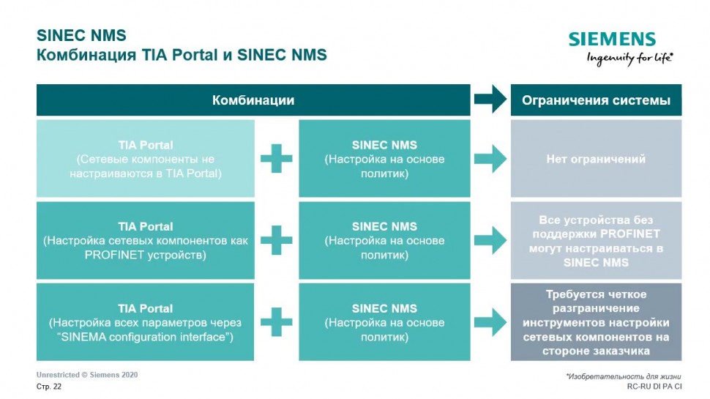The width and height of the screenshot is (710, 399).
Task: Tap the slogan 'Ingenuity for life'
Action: (x=629, y=59)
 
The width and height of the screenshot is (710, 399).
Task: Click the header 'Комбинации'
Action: (x=253, y=100)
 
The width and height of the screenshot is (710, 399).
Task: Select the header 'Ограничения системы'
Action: (x=596, y=100)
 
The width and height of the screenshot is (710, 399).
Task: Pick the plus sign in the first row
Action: (x=277, y=159)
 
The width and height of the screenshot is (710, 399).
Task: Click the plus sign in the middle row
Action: (x=277, y=240)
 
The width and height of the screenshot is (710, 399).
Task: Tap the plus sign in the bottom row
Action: (x=277, y=322)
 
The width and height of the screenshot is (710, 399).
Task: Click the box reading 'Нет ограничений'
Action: (x=596, y=159)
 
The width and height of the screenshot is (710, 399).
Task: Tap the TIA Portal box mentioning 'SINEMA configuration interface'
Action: (x=146, y=322)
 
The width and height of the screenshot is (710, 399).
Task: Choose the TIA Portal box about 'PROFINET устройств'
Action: (x=146, y=240)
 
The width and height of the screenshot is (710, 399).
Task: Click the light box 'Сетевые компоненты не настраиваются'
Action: (x=146, y=159)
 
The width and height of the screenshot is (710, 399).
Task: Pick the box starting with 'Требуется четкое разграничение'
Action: (x=596, y=322)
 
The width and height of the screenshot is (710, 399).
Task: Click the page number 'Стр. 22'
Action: (x=49, y=386)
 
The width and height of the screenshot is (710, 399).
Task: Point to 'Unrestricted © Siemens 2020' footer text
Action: (x=87, y=375)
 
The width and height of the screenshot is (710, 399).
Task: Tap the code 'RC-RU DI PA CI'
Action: (x=654, y=386)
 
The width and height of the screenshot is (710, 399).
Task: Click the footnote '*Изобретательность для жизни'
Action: (x=624, y=376)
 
